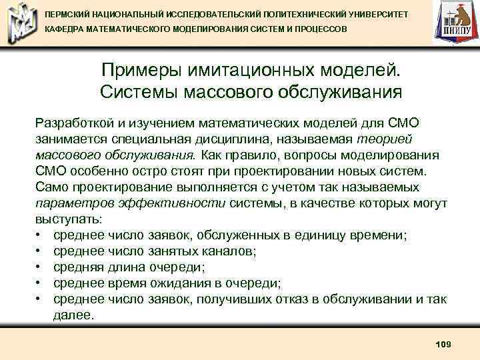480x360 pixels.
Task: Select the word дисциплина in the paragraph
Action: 259,139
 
